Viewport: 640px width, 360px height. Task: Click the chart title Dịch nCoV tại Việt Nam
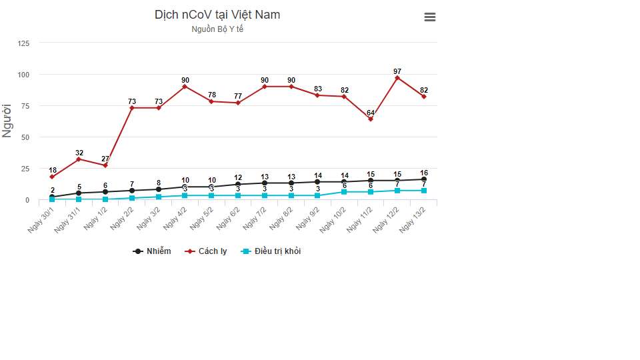pyautogui.click(x=217, y=15)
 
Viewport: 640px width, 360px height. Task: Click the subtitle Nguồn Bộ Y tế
pyautogui.click(x=217, y=29)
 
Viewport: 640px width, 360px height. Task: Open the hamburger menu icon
pyautogui.click(x=430, y=17)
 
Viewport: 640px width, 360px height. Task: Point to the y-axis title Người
pyautogui.click(x=8, y=121)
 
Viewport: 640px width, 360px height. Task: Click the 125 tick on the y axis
pyautogui.click(x=23, y=43)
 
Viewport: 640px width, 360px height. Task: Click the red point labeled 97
pyautogui.click(x=397, y=78)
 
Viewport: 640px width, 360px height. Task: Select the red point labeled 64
pyautogui.click(x=371, y=119)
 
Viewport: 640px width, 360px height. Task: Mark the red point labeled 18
pyautogui.click(x=52, y=177)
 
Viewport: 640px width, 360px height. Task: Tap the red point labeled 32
pyautogui.click(x=79, y=159)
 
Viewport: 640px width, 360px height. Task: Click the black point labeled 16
pyautogui.click(x=424, y=179)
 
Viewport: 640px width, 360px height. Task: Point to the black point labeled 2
pyautogui.click(x=52, y=197)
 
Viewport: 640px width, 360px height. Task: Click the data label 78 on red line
pyautogui.click(x=211, y=95)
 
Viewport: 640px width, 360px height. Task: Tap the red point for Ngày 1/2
pyautogui.click(x=105, y=165)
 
